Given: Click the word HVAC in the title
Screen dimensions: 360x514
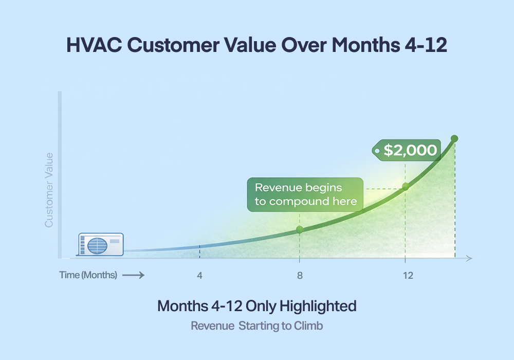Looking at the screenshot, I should click(94, 45).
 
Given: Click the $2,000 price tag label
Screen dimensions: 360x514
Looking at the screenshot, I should click(407, 151).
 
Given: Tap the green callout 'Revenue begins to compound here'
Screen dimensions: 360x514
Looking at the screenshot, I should click(305, 194).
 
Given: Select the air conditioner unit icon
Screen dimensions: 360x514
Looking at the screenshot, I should click(101, 244).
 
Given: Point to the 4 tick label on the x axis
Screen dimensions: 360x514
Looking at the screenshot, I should click(199, 275).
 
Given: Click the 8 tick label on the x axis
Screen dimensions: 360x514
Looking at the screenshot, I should click(300, 275).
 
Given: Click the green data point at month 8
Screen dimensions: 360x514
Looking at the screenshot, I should click(300, 229).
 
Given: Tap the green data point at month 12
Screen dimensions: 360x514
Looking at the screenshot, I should click(405, 186).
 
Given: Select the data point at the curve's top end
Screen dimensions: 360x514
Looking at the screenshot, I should click(454, 138).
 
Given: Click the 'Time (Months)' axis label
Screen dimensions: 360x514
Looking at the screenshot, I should click(88, 275).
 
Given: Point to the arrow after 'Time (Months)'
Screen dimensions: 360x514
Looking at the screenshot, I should click(133, 275).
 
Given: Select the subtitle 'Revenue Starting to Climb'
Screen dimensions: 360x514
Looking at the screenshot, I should click(256, 326).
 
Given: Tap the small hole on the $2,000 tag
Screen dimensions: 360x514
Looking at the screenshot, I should click(378, 151).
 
